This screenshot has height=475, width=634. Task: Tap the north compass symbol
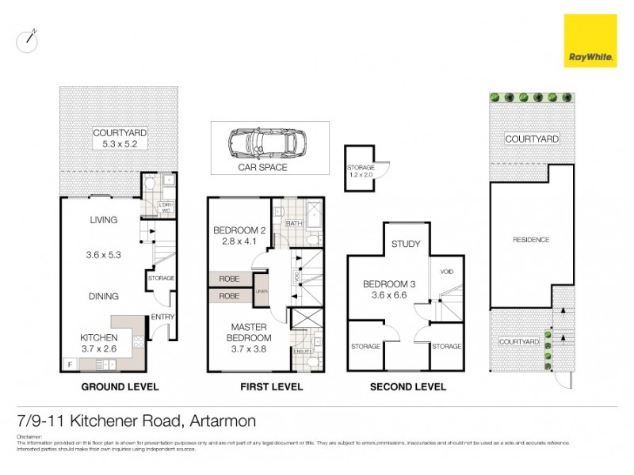coord(28,40)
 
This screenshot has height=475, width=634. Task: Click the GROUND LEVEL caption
coord(120,387)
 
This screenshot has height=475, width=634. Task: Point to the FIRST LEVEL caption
coord(270,387)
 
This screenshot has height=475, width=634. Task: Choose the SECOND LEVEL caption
coord(407,387)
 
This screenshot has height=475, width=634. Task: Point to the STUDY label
coord(406,244)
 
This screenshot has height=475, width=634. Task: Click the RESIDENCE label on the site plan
coord(530,239)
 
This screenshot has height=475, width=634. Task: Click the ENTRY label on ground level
coord(162,317)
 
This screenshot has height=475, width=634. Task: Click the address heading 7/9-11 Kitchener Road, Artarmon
coord(136,420)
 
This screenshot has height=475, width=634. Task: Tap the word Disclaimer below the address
coord(29,436)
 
